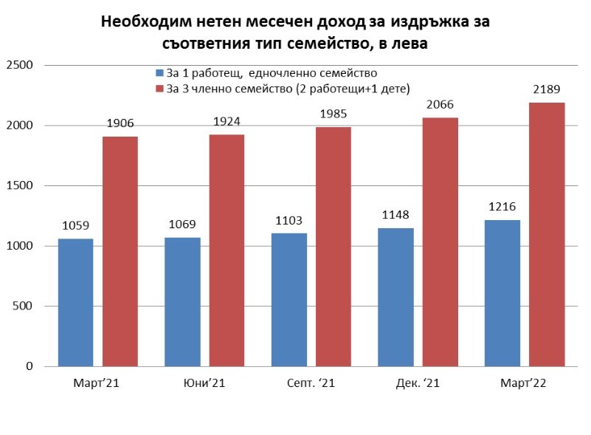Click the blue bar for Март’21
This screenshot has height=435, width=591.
pos(75,302)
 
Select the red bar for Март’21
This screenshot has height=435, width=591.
pos(120,251)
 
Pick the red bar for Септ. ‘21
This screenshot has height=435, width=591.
pos(333,247)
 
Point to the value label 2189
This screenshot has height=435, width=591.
pos(547,89)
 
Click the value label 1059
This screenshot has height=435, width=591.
pos(75,226)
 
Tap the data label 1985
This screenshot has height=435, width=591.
pos(333,114)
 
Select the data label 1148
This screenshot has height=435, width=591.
pos(395,215)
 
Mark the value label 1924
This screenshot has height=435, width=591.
pos(227,121)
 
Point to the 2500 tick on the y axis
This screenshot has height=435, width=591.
pos(20,66)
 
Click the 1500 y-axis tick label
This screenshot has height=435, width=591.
pos(20,186)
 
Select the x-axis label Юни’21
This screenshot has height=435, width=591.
pos(204,383)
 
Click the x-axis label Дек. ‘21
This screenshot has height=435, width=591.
pos(417,383)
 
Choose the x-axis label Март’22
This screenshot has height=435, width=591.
pos(524,383)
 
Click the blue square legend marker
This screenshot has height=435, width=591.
pos(159,74)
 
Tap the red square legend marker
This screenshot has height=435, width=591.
pos(159,89)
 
